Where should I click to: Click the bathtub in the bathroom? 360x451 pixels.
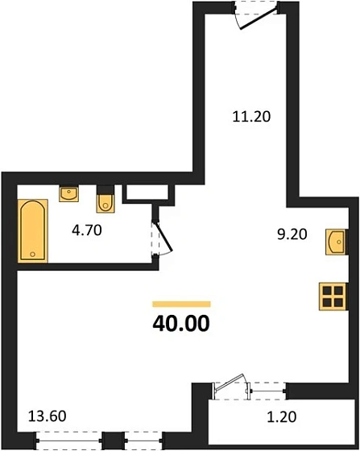tap(32, 230)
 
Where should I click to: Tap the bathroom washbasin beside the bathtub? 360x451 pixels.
tap(70, 193)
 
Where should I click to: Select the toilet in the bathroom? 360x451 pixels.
tap(105, 197)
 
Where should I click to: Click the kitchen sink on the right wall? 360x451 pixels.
tap(336, 241)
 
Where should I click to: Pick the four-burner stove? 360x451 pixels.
tap(332, 296)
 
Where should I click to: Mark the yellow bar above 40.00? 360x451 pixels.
tap(180, 304)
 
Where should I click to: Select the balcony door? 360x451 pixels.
tap(231, 387)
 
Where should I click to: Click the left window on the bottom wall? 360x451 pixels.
tap(69, 441)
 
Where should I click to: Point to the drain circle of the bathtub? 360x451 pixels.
tap(33, 253)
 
